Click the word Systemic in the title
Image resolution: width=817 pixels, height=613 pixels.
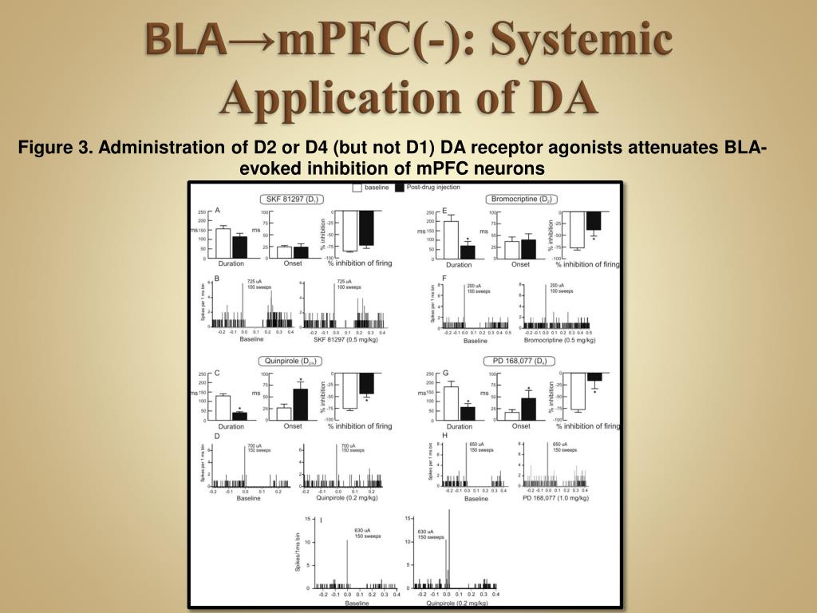tap(581, 41)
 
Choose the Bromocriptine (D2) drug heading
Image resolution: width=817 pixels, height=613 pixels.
tap(521, 199)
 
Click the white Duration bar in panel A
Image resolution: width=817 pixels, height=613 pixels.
tap(223, 243)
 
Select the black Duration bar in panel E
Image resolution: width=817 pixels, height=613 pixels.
tap(468, 251)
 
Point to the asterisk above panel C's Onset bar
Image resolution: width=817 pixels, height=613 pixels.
tap(300, 380)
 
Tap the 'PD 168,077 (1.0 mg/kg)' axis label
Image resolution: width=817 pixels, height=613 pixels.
tap(555, 498)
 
